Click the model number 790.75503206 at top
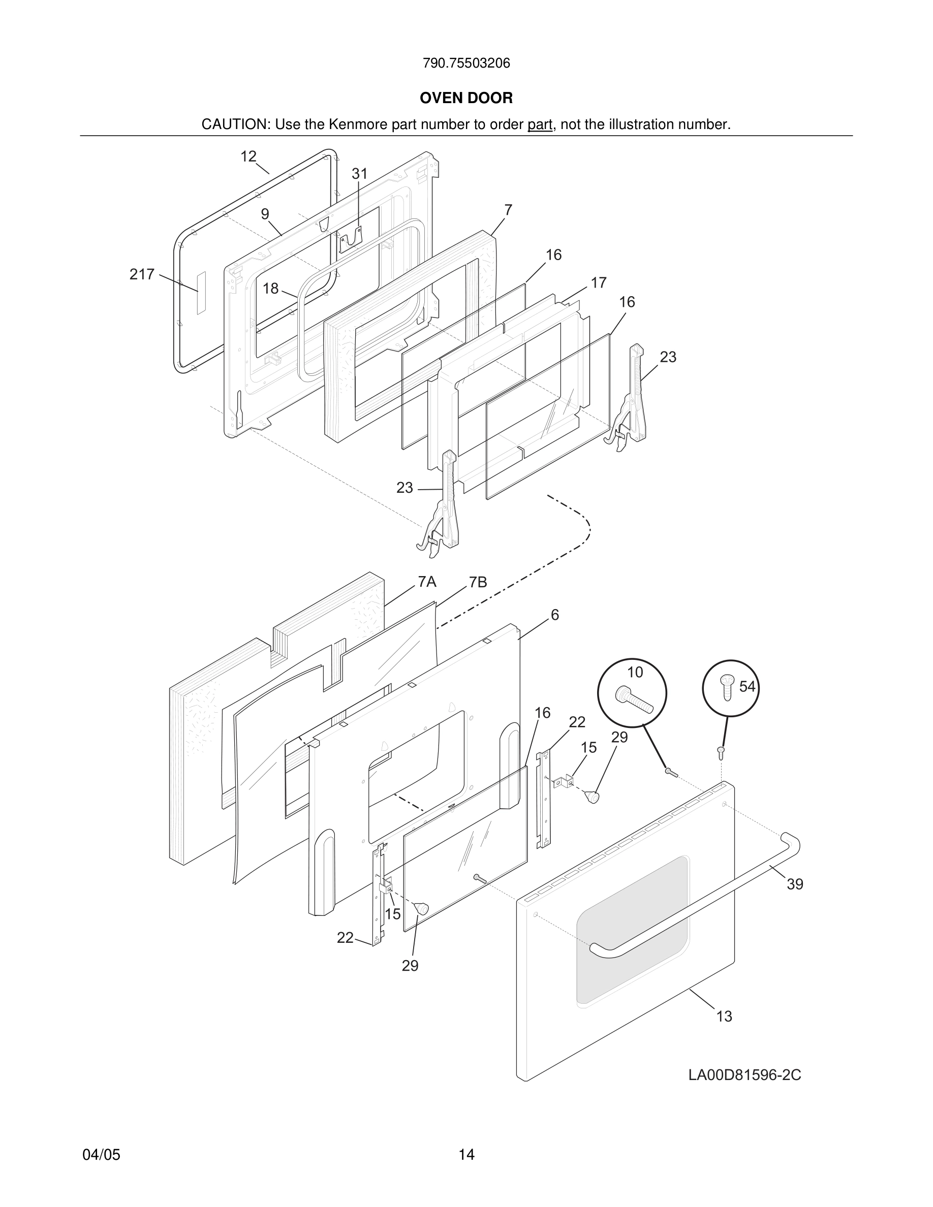coord(466,63)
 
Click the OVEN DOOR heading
coord(466,99)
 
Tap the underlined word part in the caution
coord(540,125)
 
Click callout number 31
coord(359,174)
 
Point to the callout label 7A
coord(427,582)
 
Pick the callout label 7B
coord(478,583)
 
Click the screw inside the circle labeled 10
coord(634,700)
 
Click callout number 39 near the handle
coord(795,884)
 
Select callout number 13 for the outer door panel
coord(724,1017)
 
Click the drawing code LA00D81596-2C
coord(744,1075)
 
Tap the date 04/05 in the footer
coord(101,1155)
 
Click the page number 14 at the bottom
coord(466,1155)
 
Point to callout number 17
coord(599,283)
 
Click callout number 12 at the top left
coord(248,156)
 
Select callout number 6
coord(554,615)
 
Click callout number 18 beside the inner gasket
coord(270,289)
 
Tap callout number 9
coord(265,214)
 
